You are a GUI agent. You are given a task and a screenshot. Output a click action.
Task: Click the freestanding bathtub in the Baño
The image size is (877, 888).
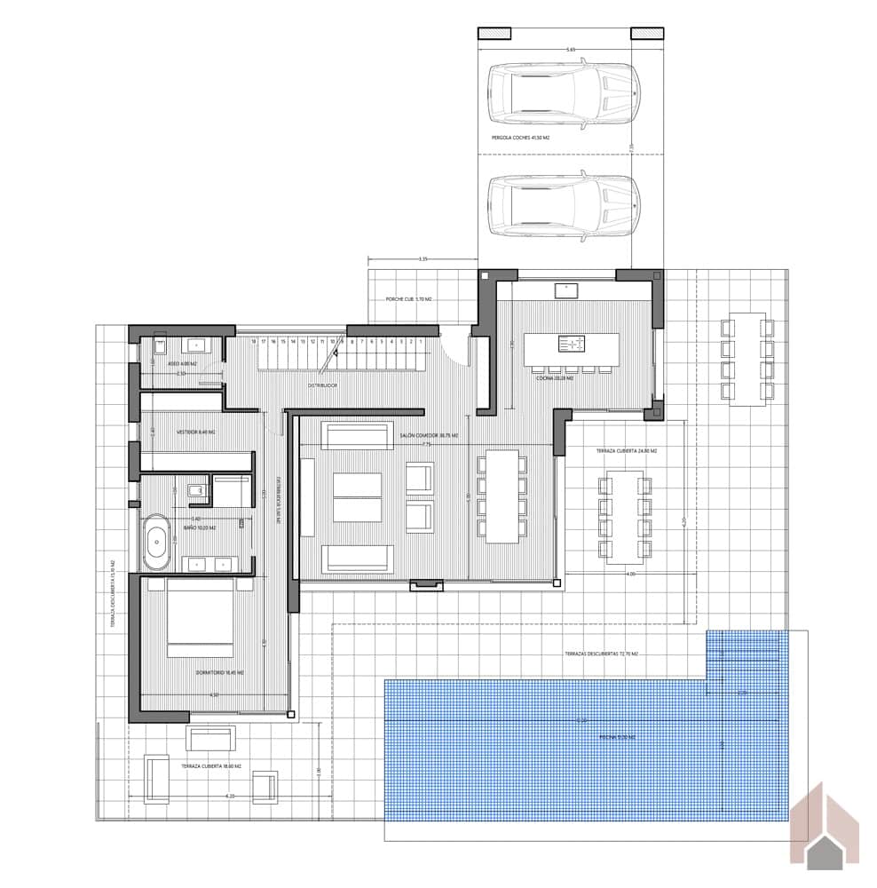158,539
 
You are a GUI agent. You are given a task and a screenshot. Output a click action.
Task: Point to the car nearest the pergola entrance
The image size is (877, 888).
564,207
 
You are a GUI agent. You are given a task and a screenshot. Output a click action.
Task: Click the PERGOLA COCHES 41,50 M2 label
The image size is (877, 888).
521,139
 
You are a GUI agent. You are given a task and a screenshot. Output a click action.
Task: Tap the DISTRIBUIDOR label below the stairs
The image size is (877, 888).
322,385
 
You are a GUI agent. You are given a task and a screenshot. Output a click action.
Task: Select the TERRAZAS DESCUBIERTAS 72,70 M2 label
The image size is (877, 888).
601,654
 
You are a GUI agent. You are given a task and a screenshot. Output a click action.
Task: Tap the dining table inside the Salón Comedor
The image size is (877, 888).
502,496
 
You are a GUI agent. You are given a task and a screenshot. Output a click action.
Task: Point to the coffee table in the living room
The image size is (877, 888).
357,497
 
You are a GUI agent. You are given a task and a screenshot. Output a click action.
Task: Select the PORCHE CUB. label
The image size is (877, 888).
408,300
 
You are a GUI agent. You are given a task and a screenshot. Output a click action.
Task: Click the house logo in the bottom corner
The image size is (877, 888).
826,826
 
